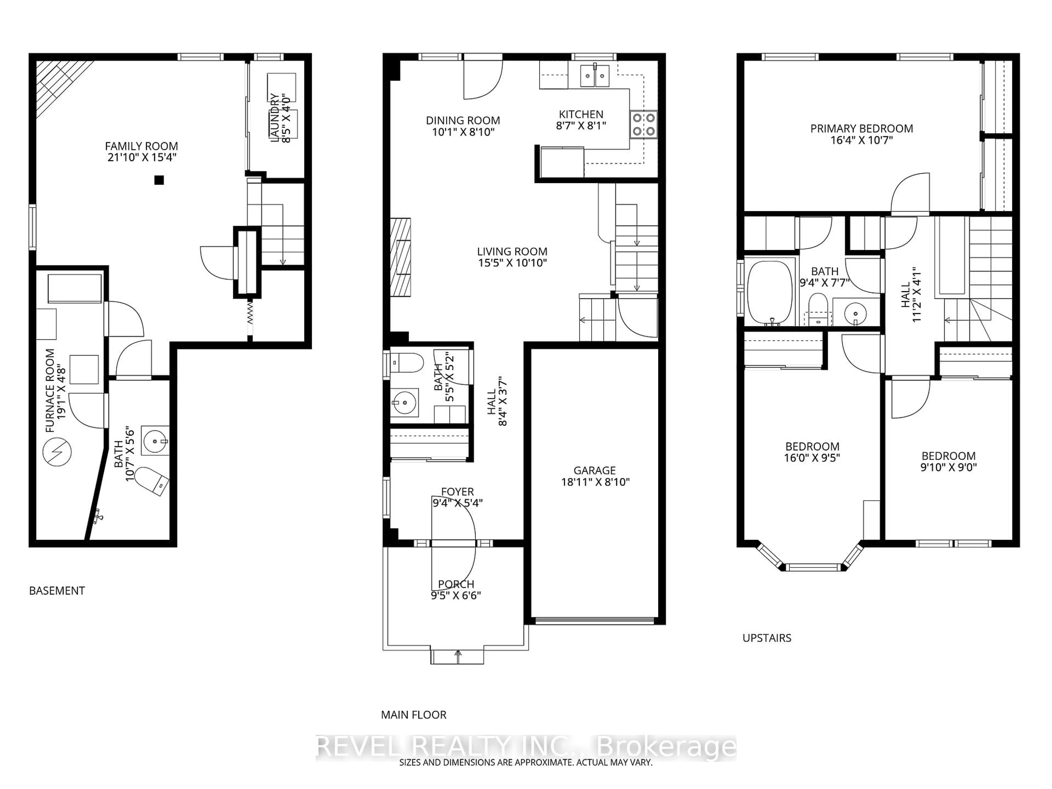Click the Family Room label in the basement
click(x=141, y=146)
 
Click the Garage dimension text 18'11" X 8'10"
click(x=595, y=482)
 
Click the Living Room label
click(x=512, y=251)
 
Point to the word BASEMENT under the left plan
click(x=57, y=591)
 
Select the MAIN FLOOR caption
click(x=414, y=715)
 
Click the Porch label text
click(x=456, y=584)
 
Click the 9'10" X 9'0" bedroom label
click(x=948, y=467)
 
